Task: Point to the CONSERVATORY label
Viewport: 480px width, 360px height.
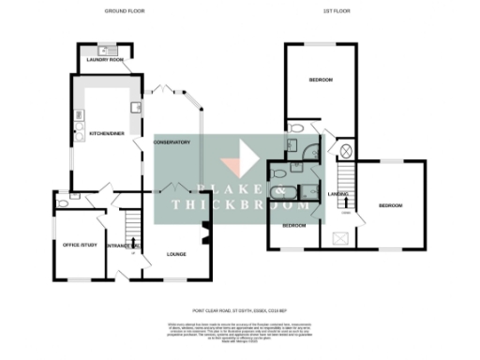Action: (173, 142)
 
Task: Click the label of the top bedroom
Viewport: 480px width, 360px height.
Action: (321, 81)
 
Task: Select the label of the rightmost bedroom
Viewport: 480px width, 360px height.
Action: (390, 205)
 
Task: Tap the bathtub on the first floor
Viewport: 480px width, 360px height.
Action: (279, 194)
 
